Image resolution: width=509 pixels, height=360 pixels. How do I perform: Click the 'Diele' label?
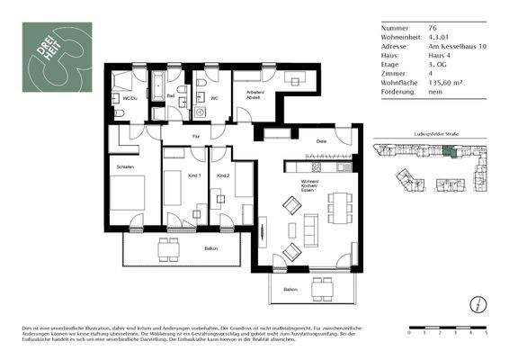click(320, 142)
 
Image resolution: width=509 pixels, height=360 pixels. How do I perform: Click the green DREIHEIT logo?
click(57, 56)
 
